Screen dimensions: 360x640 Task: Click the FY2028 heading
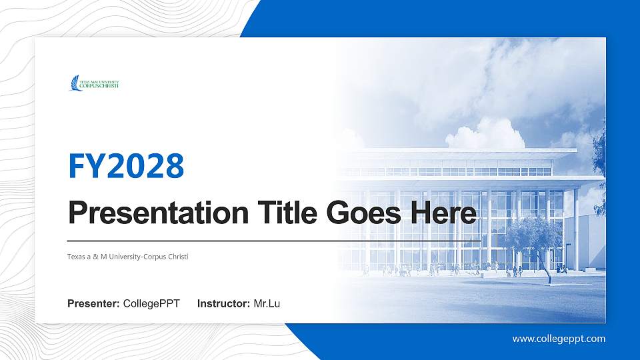[126, 167]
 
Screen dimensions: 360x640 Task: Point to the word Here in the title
[445, 213]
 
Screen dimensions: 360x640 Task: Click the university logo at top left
[94, 83]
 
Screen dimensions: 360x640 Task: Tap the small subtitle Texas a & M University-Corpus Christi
[128, 256]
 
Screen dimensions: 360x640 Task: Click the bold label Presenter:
[93, 304]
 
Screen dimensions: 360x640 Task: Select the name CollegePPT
[151, 304]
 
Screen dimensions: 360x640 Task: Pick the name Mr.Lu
[267, 304]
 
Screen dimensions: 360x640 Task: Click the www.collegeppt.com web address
[559, 339]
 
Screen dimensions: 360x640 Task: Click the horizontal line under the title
[273, 239]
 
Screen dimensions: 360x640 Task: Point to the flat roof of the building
[467, 151]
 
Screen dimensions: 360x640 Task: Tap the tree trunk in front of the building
[546, 271]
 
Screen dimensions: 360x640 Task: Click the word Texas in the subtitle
[75, 256]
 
